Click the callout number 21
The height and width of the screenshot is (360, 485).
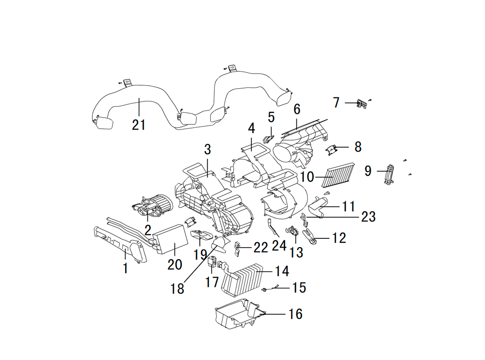pyautogui.click(x=139, y=125)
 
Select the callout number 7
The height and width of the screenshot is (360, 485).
pyautogui.click(x=336, y=103)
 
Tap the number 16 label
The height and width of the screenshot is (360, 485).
pyautogui.click(x=295, y=314)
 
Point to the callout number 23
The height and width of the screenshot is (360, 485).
pyautogui.click(x=369, y=217)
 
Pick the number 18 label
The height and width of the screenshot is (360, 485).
pyautogui.click(x=177, y=289)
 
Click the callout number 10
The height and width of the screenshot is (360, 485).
pyautogui.click(x=307, y=177)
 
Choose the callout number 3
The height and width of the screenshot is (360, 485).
pyautogui.click(x=208, y=150)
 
